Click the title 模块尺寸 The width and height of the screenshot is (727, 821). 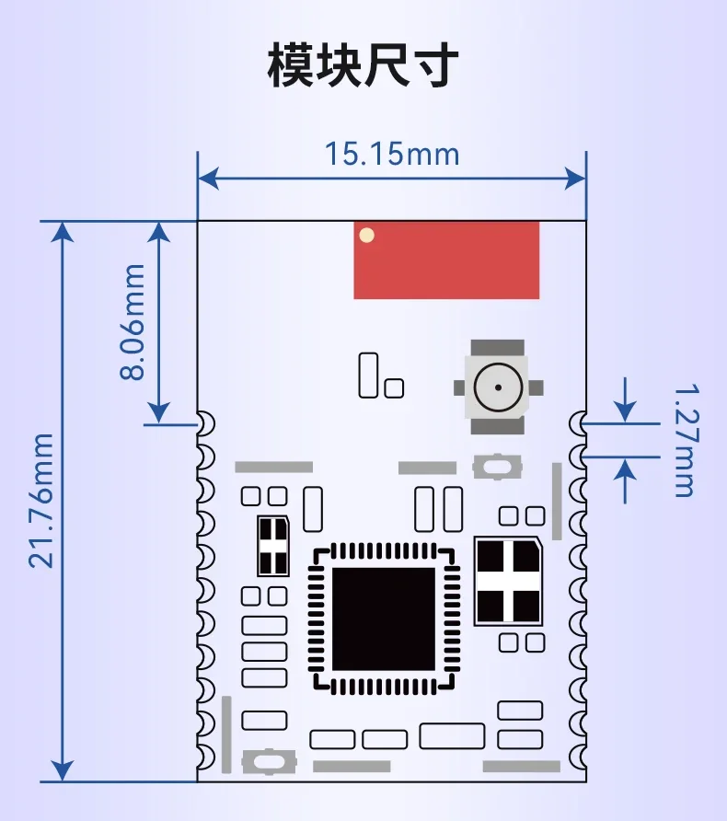tap(363, 65)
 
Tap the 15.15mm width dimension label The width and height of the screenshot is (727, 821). tap(392, 154)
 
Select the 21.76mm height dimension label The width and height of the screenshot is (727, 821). tap(40, 501)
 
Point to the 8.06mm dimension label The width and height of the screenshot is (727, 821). tap(132, 322)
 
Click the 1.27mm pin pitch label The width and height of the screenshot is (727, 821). tap(686, 440)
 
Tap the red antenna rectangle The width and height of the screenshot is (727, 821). tap(446, 260)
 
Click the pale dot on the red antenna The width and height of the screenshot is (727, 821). tap(367, 235)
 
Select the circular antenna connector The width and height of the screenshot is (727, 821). tap(498, 387)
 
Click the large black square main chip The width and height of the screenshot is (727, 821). tap(384, 619)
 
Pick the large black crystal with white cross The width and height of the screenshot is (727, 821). tap(508, 581)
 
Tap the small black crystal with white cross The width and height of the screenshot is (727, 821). tap(273, 546)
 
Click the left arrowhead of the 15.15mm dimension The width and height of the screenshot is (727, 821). tap(208, 179)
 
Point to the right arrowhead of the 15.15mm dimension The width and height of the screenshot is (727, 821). tap(576, 179)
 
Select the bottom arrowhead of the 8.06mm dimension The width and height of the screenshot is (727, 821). tap(158, 412)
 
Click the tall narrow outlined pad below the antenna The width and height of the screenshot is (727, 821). tap(368, 375)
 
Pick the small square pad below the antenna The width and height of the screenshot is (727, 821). tap(394, 388)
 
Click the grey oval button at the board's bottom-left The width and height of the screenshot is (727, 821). tap(269, 761)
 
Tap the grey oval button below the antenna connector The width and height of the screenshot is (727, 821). tap(497, 467)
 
